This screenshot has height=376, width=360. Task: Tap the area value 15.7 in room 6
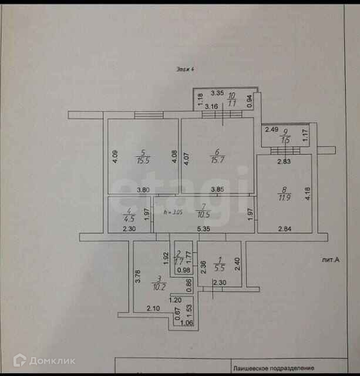pyautogui.click(x=217, y=160)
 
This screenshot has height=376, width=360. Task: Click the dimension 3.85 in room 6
pyautogui.click(x=218, y=190)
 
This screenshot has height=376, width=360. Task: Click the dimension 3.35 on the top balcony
pyautogui.click(x=217, y=92)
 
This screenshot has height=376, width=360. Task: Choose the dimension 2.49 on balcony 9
pyautogui.click(x=271, y=130)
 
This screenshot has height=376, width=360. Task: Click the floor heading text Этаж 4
pyautogui.click(x=186, y=69)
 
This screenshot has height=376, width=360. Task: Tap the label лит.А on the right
pyautogui.click(x=331, y=259)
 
